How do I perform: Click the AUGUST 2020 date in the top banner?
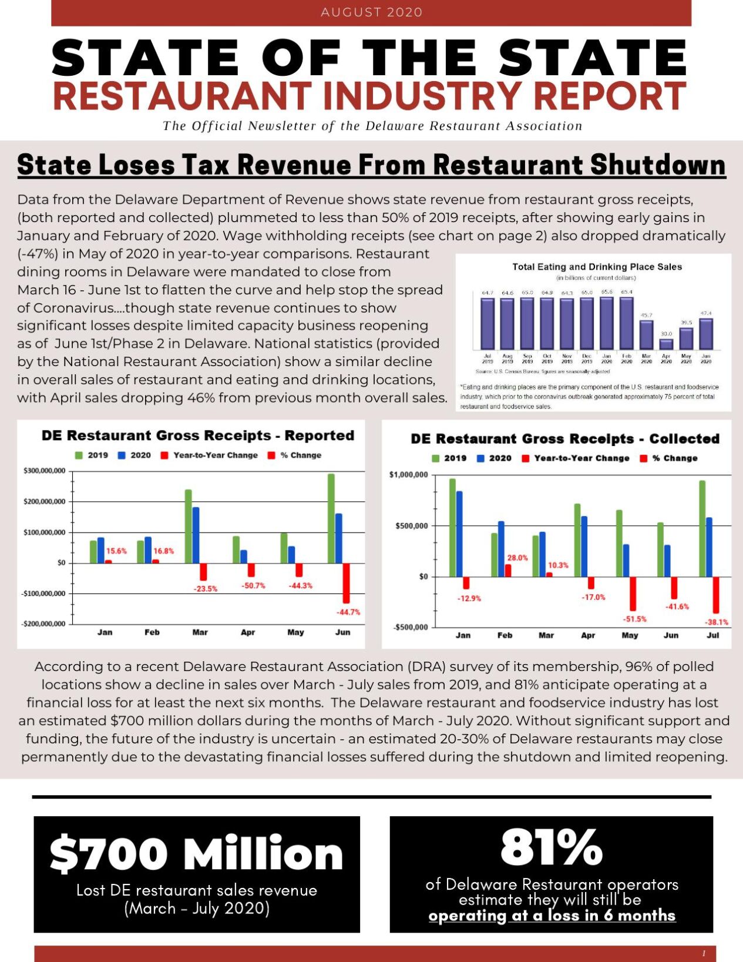pos(371,12)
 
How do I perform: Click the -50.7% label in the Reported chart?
pos(253,586)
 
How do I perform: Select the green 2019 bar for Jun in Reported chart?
pos(331,518)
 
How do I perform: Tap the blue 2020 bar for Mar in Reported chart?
pos(196,535)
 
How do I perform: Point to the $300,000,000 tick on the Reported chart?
pos(44,471)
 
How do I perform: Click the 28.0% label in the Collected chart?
pos(517,558)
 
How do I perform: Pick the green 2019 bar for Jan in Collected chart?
pos(452,527)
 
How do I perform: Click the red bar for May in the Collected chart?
pos(633,594)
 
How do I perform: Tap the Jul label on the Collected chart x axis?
pos(712,635)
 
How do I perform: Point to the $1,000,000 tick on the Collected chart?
pos(408,475)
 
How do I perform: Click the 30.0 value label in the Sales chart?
pos(666,334)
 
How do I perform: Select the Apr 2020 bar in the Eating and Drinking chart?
pos(666,344)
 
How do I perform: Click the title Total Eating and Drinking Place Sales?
pos(597,267)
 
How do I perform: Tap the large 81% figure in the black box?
pos(552,847)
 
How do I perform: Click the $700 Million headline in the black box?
pos(196,853)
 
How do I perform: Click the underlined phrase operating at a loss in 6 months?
pos(552,916)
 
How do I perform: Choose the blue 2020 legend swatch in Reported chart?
pos(122,455)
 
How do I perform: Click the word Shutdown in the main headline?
pos(658,165)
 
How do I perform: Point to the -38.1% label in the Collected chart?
pos(716,622)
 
